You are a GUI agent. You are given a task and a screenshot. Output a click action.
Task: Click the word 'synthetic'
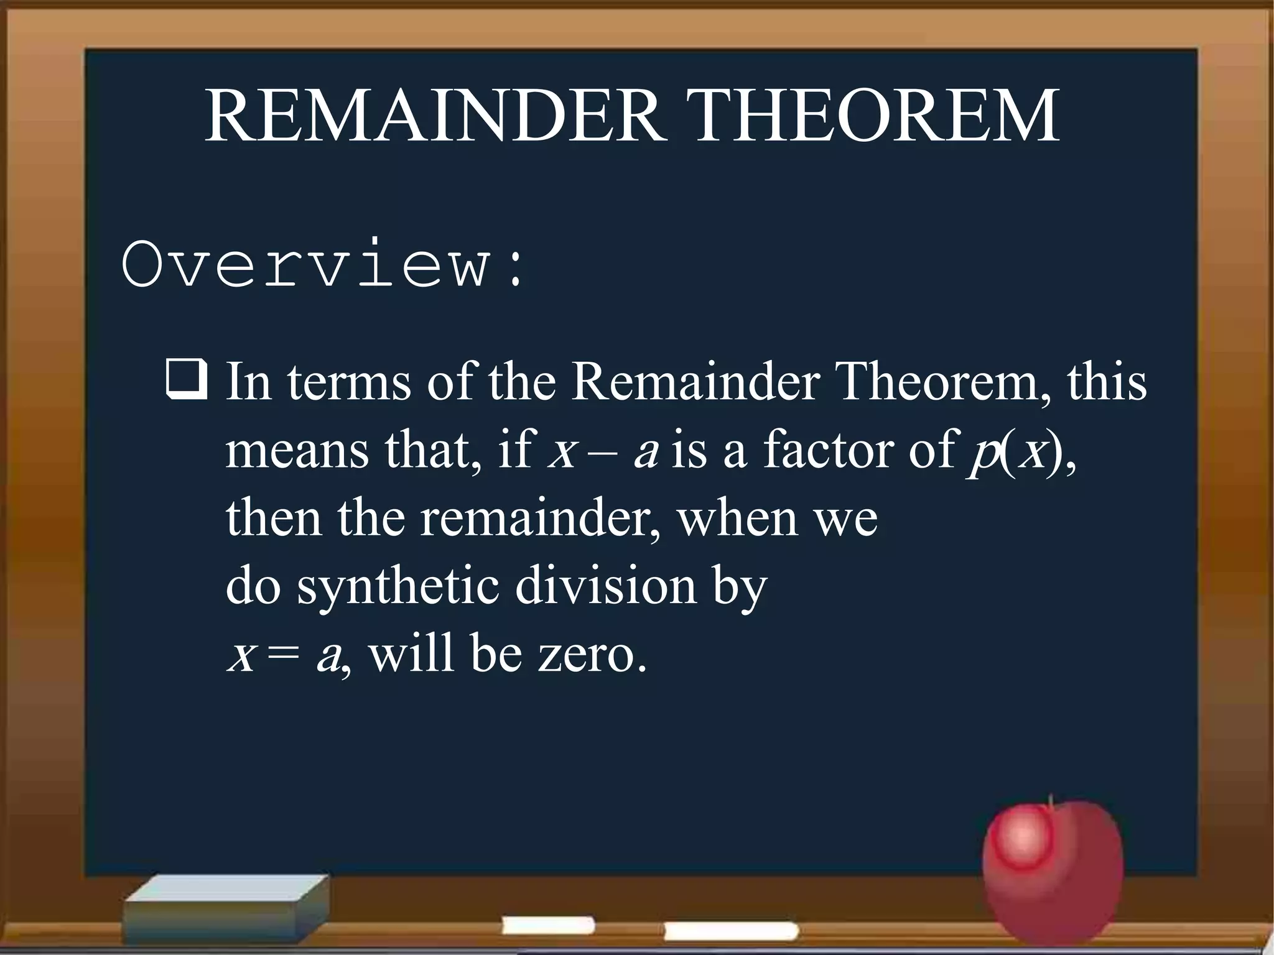point(399,586)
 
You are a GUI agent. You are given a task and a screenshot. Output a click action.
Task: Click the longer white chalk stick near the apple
point(732,931)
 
